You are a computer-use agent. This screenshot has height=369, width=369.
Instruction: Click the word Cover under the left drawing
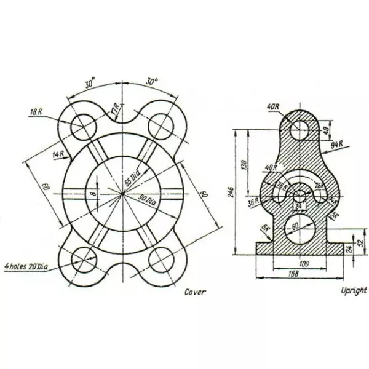[x=196, y=292]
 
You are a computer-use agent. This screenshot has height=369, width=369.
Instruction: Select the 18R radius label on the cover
[x=36, y=112]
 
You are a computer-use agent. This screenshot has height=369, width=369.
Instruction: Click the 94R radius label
[x=336, y=145]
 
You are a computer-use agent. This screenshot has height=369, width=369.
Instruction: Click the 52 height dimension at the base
[x=360, y=243]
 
